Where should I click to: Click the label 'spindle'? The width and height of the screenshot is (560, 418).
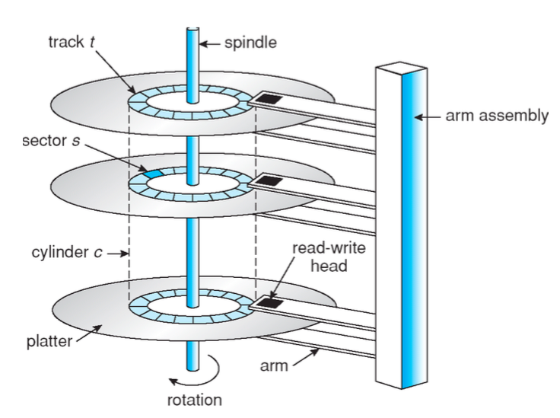(250, 43)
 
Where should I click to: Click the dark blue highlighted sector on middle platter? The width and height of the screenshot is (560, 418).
(152, 174)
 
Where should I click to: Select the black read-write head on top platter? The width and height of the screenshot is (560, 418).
(268, 99)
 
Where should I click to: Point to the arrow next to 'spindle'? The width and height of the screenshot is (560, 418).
(210, 43)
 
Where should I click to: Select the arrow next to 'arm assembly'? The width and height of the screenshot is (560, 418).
(431, 116)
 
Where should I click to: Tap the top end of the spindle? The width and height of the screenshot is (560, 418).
(192, 31)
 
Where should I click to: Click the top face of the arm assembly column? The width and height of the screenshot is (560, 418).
(399, 69)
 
